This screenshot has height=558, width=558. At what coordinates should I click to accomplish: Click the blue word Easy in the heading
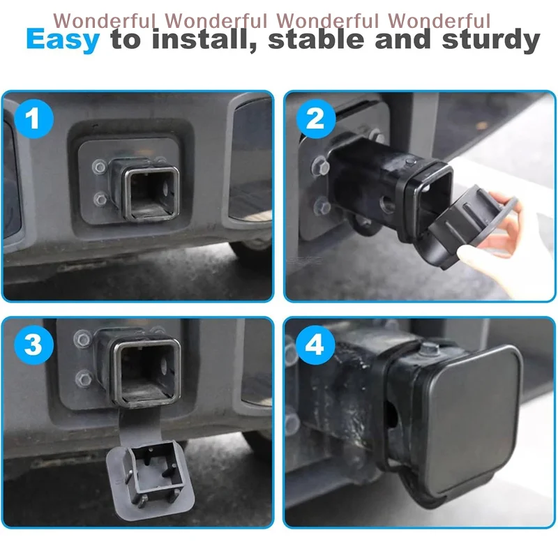(63, 40)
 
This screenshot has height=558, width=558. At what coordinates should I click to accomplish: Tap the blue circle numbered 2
(315, 119)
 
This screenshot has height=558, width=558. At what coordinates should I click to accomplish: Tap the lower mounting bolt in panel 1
(102, 201)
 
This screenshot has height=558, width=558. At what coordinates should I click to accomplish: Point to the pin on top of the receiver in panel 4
(428, 351)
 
